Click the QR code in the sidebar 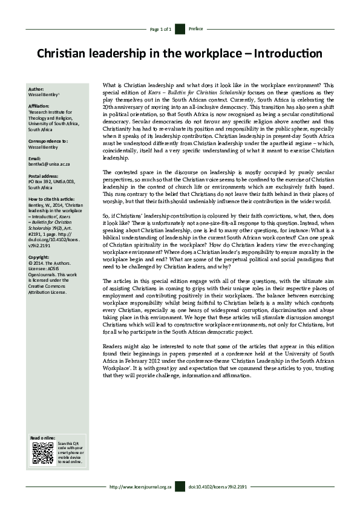[43, 453]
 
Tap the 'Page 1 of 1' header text [161, 29]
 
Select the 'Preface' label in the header [196, 29]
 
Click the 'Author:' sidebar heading [36, 89]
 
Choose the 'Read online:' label [42, 437]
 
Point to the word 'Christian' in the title [62, 54]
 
